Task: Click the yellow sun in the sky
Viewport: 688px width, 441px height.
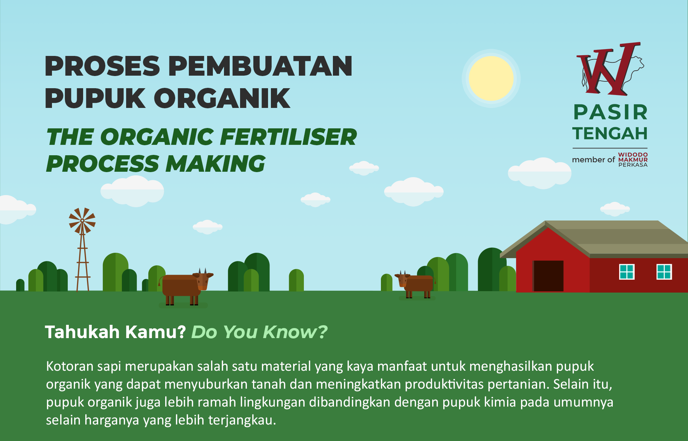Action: point(491,78)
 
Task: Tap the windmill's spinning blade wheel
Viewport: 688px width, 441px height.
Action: point(82,221)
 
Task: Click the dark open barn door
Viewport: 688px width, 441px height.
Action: point(548,276)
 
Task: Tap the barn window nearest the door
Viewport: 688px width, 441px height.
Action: point(627,271)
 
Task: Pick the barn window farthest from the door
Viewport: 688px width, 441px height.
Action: point(664,271)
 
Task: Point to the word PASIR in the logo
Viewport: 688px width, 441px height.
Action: point(610,112)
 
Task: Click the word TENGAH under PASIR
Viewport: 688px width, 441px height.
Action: point(610,133)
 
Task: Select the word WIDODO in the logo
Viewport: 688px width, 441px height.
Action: point(633,155)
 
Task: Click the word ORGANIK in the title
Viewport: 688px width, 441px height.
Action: point(222,98)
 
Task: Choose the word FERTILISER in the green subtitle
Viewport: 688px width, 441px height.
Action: point(288,137)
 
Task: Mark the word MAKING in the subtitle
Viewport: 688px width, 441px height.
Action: point(215,164)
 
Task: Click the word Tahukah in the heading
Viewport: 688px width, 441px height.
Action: point(82,332)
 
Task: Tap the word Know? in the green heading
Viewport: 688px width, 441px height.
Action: point(295,332)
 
